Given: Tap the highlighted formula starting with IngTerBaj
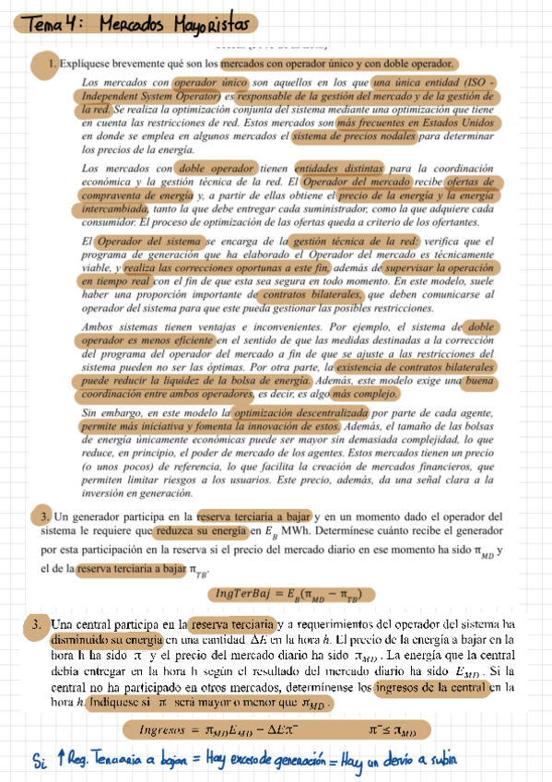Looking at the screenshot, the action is pos(288,593).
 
